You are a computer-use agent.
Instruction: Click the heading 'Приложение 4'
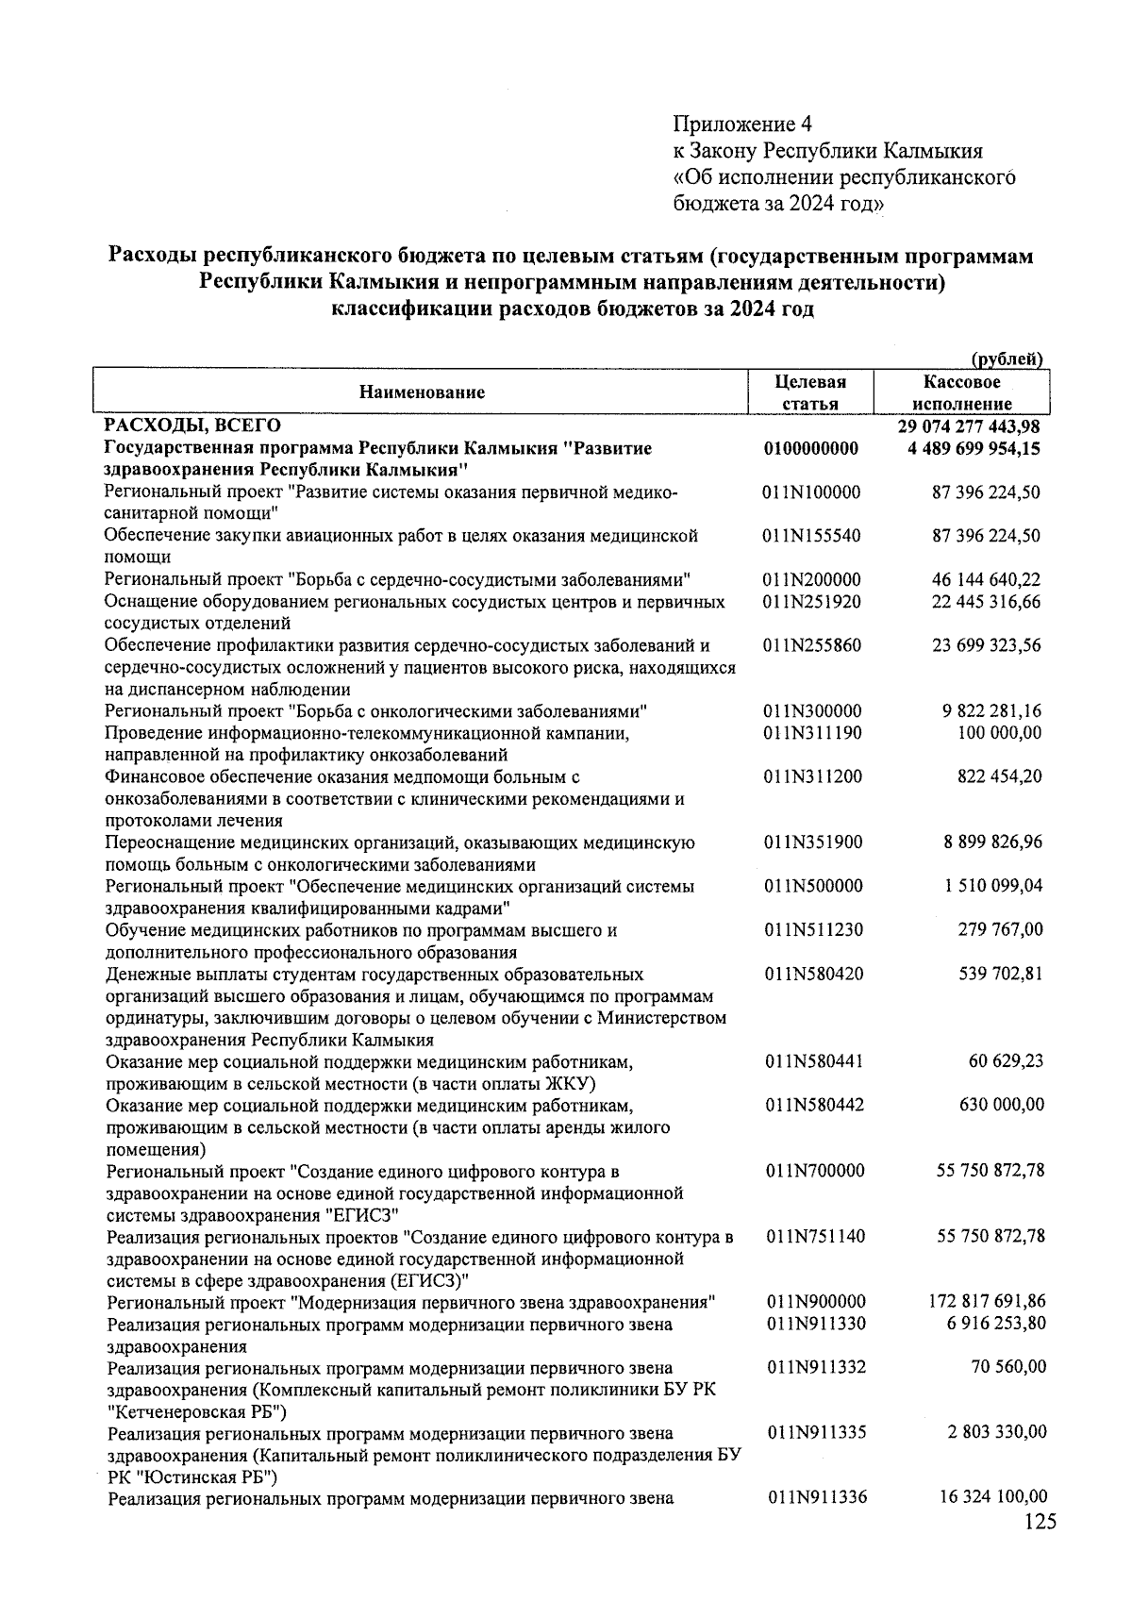pyautogui.click(x=741, y=125)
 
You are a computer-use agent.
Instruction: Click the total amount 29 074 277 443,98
pyautogui.click(x=969, y=427)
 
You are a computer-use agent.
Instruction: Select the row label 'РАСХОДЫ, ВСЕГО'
pyautogui.click(x=192, y=427)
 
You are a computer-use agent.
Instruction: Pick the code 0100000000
pyautogui.click(x=811, y=449)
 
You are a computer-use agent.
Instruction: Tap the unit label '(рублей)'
pyautogui.click(x=1007, y=358)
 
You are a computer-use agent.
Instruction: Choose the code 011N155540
pyautogui.click(x=812, y=536)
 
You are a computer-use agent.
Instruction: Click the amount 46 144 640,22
pyautogui.click(x=987, y=580)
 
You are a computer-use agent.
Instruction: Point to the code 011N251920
pyautogui.click(x=812, y=602)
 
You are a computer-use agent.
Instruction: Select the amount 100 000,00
pyautogui.click(x=1001, y=733)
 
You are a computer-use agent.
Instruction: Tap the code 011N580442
pyautogui.click(x=814, y=1105)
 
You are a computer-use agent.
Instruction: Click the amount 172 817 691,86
pyautogui.click(x=987, y=1302)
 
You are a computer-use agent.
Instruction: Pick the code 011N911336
pyautogui.click(x=816, y=1497)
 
